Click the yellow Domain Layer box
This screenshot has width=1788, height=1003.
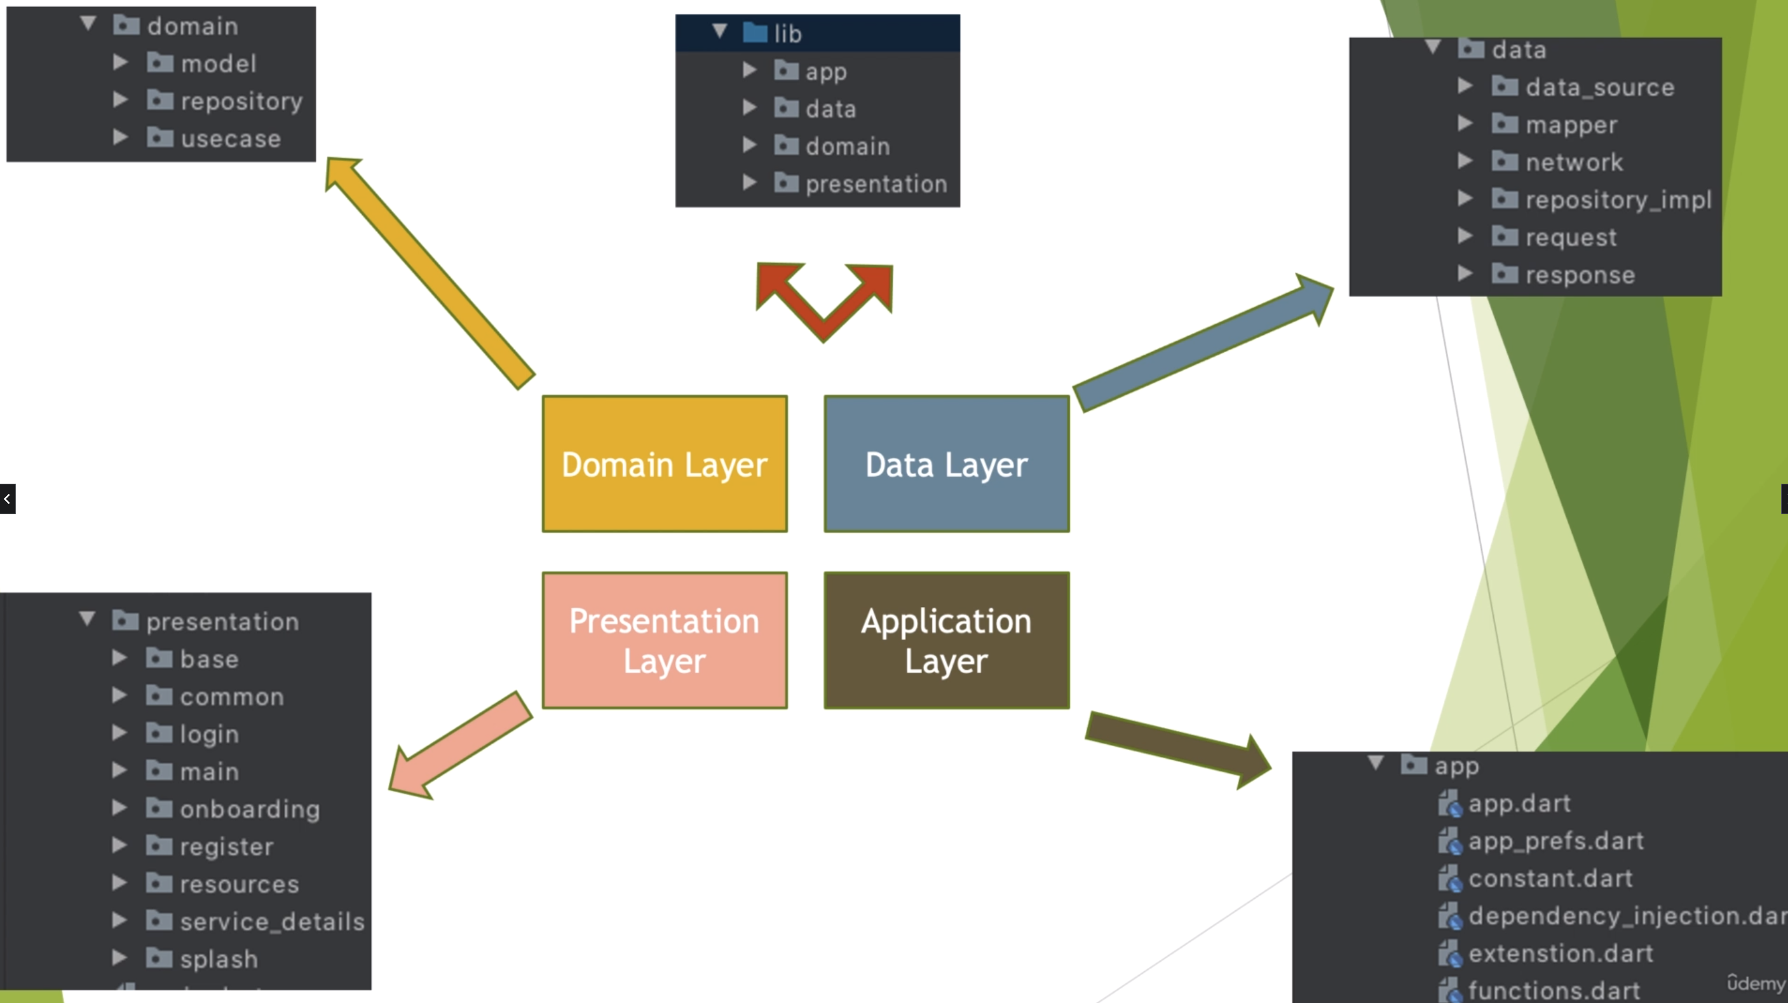664,463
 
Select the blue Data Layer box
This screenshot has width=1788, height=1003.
946,463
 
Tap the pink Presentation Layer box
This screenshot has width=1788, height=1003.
664,640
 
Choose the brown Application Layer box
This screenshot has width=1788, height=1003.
946,640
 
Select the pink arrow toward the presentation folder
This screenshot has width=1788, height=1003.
460,746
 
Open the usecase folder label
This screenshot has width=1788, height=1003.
231,139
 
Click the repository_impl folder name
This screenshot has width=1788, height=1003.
1617,200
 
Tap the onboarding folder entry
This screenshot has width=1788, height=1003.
250,809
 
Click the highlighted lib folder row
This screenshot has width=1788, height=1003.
818,33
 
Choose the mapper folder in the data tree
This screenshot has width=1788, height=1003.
1571,125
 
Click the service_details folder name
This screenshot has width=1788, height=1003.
272,921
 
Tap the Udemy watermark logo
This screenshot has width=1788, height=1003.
1756,983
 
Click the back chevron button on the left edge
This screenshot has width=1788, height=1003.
8,498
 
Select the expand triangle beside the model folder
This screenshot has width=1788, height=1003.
120,63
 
